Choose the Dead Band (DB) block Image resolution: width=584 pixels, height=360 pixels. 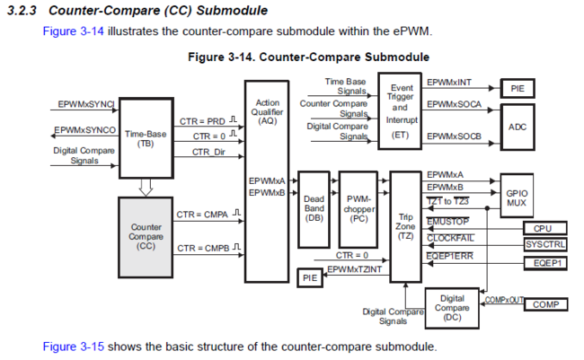coord(314,208)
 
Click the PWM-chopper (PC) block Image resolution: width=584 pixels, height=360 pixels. coord(360,208)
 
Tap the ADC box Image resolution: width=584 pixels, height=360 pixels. coord(518,127)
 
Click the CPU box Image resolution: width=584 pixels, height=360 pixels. coord(543,229)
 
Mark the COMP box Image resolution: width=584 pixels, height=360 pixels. coord(545,304)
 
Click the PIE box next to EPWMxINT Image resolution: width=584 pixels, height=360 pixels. coord(518,88)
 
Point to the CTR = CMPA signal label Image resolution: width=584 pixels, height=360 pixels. coord(203,215)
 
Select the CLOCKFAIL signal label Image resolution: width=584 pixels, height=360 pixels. coord(450,237)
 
